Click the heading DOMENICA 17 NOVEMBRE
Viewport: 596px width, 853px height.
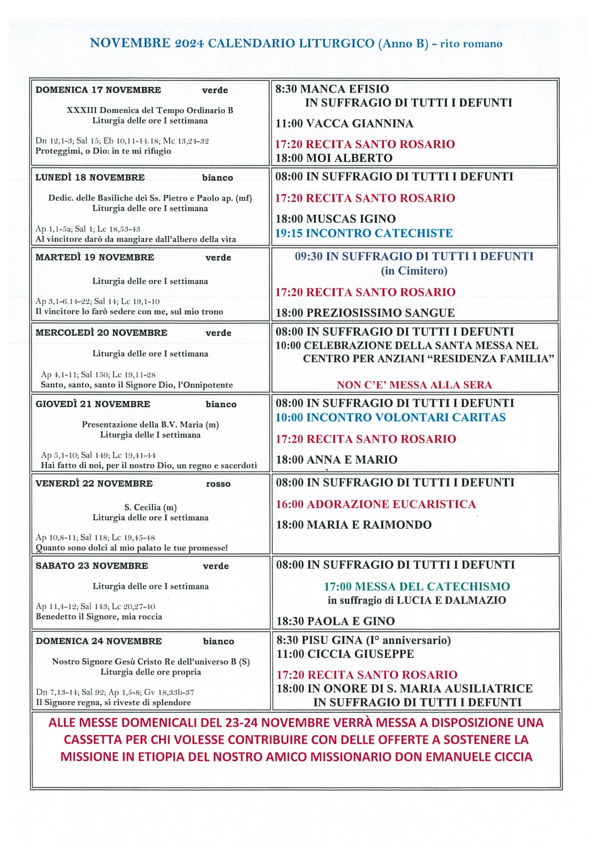[x=98, y=90]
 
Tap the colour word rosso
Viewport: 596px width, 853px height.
[x=218, y=484]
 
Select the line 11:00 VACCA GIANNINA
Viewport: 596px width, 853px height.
[x=344, y=124]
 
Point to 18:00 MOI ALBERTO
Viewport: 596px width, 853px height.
[x=334, y=158]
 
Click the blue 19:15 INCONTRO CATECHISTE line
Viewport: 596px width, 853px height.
[x=364, y=233]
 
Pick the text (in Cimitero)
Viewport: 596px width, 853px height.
[x=414, y=271]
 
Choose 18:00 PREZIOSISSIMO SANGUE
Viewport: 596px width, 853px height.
[x=365, y=313]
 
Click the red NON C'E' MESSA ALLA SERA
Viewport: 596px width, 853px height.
[x=414, y=385]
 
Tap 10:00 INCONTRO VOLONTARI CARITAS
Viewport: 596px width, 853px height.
[x=390, y=417]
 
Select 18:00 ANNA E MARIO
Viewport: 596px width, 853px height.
[x=336, y=460]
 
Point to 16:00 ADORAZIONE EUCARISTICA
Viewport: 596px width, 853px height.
[x=376, y=504]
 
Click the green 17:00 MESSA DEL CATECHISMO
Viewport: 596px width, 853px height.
[x=417, y=587]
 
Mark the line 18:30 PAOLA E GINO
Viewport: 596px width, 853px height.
[x=335, y=621]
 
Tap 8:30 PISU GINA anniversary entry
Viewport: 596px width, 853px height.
[x=364, y=640]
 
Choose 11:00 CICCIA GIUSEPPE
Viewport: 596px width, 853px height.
[x=345, y=654]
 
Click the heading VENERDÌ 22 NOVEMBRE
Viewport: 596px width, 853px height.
[x=94, y=484]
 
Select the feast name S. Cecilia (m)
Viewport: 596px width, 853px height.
[x=150, y=507]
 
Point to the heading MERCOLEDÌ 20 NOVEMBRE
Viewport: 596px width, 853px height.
[x=101, y=333]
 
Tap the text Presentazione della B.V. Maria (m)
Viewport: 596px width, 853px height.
[x=150, y=424]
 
